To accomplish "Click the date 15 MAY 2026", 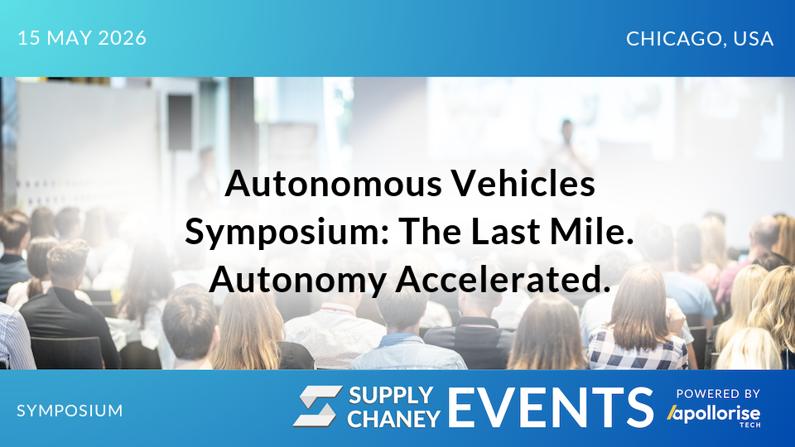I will [81, 38].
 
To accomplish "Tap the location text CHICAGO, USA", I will [700, 38].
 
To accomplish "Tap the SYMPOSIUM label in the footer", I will [70, 410].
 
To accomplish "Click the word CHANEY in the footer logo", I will [393, 419].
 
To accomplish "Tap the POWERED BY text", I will [718, 394].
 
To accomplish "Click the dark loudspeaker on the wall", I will [180, 123].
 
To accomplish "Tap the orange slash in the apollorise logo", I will [672, 412].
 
